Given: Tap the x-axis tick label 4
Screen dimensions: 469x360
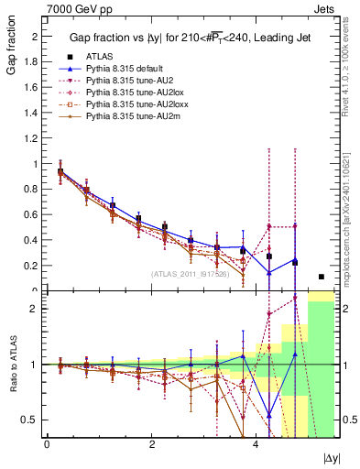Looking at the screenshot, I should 256,444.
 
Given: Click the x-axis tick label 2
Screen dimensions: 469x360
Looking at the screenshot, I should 151,444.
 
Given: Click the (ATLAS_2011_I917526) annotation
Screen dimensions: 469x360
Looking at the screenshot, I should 191,274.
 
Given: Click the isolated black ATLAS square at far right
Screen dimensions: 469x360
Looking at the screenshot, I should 321,277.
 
